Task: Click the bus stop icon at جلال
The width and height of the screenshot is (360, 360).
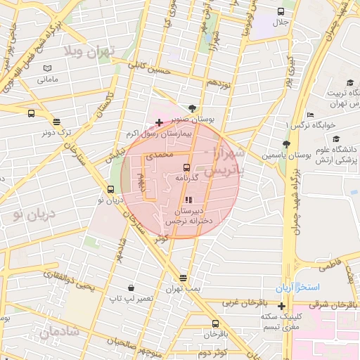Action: click(281, 12)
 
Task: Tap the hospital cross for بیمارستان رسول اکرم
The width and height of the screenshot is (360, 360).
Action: click(160, 123)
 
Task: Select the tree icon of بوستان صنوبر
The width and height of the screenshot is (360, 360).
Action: click(193, 108)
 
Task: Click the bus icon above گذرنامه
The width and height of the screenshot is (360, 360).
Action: click(186, 167)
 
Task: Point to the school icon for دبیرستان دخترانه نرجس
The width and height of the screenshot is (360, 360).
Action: click(187, 200)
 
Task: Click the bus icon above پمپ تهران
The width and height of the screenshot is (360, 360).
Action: click(184, 278)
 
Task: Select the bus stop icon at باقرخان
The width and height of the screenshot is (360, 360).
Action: click(215, 323)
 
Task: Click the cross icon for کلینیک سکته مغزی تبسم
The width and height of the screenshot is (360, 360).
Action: click(282, 306)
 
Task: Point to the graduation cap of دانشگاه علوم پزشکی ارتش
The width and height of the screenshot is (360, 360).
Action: click(336, 139)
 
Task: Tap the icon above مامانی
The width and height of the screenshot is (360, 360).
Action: click(47, 68)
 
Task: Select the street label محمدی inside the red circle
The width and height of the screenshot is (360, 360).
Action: click(158, 153)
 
